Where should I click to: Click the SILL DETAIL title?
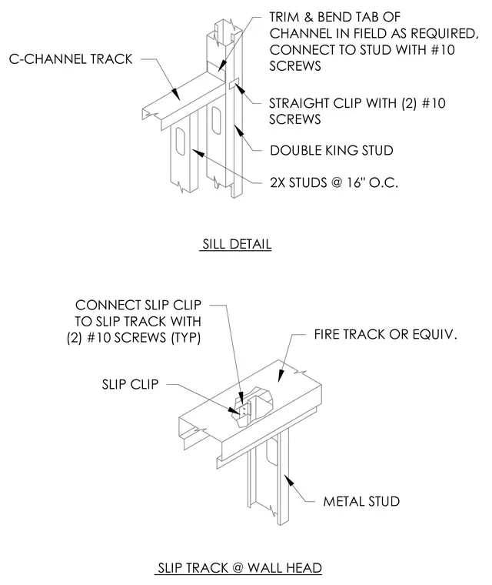[x=237, y=244]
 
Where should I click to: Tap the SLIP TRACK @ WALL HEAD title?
[x=240, y=568]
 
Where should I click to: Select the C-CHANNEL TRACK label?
[x=71, y=59]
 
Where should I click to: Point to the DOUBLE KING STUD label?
[x=331, y=150]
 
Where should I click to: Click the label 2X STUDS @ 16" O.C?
[x=334, y=182]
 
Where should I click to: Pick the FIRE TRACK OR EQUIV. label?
[x=385, y=334]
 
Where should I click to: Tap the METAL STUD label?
[x=361, y=501]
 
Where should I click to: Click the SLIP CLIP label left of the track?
[x=130, y=384]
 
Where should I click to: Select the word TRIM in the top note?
[x=284, y=17]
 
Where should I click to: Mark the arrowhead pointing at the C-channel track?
[x=175, y=94]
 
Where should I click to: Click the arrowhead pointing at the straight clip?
[x=240, y=89]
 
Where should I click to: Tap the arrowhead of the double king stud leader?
[x=238, y=131]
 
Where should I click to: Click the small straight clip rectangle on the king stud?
[x=234, y=84]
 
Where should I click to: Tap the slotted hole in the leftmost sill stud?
[x=180, y=142]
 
